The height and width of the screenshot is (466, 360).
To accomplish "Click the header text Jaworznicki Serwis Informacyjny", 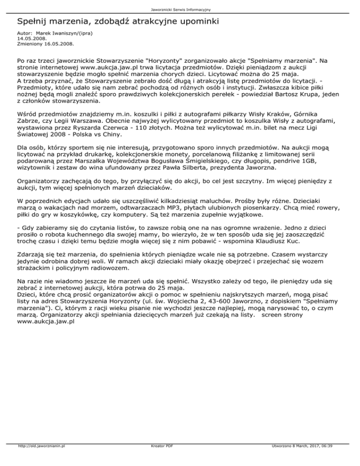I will point(180,9).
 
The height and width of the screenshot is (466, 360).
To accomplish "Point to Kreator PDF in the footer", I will point(160,459).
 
